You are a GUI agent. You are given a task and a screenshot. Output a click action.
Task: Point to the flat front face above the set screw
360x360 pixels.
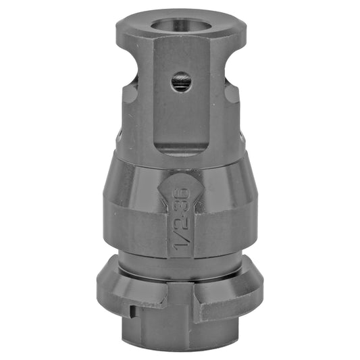coord(181,57)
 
